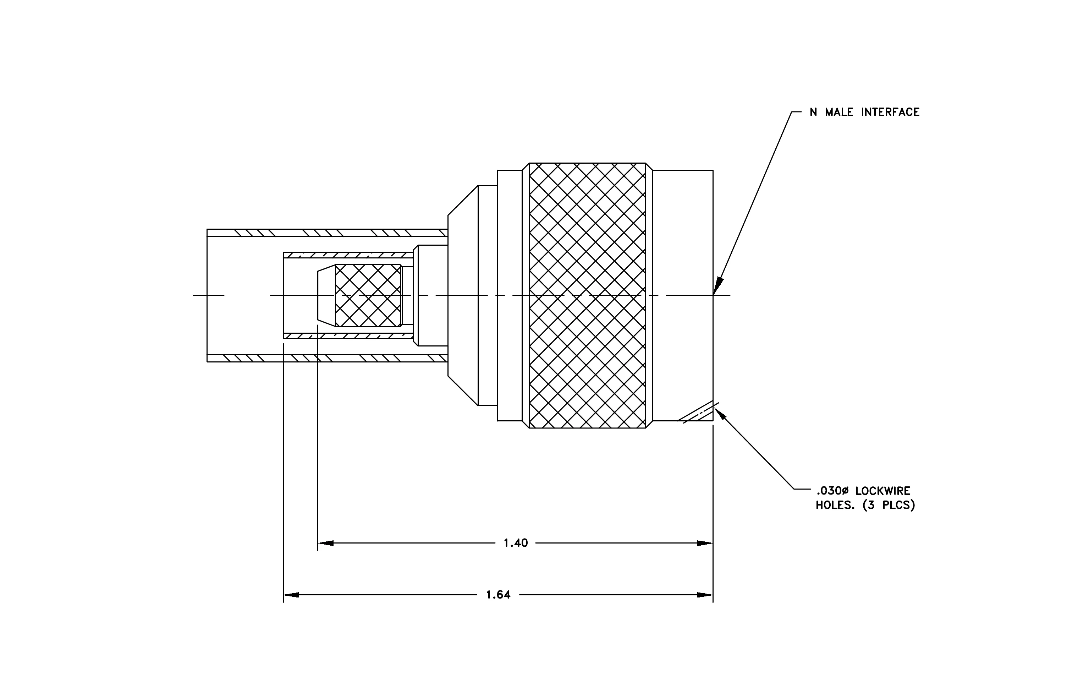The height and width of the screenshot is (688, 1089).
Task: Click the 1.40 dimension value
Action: coord(516,543)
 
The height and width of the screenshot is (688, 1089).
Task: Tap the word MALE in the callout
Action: coord(839,112)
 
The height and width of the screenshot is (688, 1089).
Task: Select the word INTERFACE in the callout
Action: coord(890,112)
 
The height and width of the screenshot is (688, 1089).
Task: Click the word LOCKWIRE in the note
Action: coord(882,491)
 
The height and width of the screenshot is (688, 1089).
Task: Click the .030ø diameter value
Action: coord(832,491)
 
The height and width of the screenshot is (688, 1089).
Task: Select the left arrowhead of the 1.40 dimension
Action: coord(326,543)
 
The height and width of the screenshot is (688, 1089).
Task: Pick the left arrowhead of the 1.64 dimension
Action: coord(291,595)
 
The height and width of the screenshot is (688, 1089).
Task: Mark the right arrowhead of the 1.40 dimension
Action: coord(705,543)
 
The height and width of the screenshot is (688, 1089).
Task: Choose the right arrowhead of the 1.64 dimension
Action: coord(705,595)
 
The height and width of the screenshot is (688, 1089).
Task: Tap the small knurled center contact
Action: coord(368,295)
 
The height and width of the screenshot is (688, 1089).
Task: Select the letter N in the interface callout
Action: coord(814,112)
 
